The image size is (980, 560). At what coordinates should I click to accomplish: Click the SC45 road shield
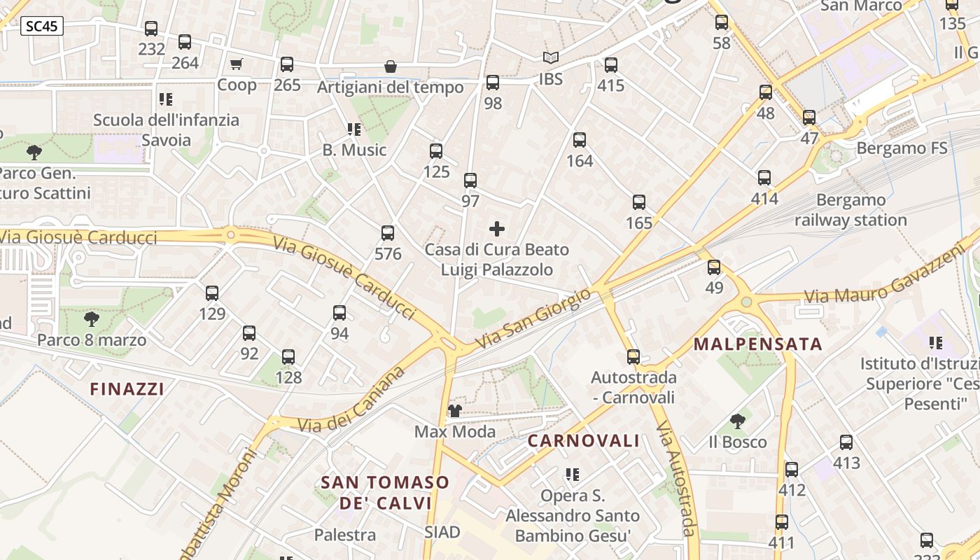pyautogui.click(x=42, y=27)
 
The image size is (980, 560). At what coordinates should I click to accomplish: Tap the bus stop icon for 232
pyautogui.click(x=151, y=29)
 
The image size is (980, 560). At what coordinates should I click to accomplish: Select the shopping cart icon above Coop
pyautogui.click(x=237, y=64)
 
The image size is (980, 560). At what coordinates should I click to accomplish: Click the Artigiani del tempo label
pyautogui.click(x=391, y=87)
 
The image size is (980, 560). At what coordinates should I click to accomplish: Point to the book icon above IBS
pyautogui.click(x=551, y=58)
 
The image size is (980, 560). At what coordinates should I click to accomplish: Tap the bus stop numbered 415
pyautogui.click(x=611, y=65)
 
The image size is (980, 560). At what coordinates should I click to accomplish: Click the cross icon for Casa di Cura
pyautogui.click(x=497, y=229)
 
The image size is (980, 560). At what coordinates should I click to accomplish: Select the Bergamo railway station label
pyautogui.click(x=850, y=210)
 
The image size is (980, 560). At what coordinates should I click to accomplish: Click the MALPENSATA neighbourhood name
pyautogui.click(x=758, y=344)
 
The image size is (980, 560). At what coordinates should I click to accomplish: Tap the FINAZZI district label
pyautogui.click(x=127, y=389)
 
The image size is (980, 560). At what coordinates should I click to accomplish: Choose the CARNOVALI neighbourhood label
pyautogui.click(x=583, y=441)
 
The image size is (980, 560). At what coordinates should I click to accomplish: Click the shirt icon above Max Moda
pyautogui.click(x=455, y=411)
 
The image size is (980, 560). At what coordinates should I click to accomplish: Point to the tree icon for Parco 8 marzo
pyautogui.click(x=91, y=320)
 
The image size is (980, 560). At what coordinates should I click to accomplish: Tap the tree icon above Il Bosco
pyautogui.click(x=737, y=421)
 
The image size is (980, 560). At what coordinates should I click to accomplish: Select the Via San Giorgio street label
pyautogui.click(x=533, y=320)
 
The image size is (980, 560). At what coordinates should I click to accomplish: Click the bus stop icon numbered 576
pyautogui.click(x=388, y=233)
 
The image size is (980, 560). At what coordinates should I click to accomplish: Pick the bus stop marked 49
pyautogui.click(x=714, y=267)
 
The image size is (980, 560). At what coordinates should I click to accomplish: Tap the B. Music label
pyautogui.click(x=354, y=150)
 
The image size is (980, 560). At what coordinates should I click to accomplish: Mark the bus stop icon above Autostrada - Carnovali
pyautogui.click(x=633, y=357)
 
